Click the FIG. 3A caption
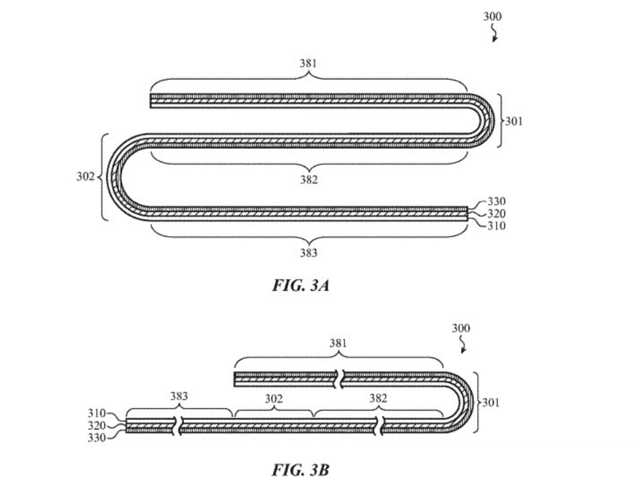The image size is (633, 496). pos(300,285)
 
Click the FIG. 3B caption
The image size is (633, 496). pos(300,469)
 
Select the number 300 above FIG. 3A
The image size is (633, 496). pos(492,17)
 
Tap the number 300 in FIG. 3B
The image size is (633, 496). pos(460,329)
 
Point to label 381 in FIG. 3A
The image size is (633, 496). pos(307,64)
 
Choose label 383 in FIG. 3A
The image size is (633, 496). pos(308,253)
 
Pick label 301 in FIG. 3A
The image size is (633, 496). pos(514,121)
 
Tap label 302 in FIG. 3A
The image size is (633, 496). pos(85,177)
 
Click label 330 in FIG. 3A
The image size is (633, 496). pos(497,201)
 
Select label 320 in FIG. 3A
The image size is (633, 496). pos(497,213)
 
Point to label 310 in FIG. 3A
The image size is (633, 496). pos(497,226)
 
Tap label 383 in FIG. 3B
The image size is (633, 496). pos(179,396)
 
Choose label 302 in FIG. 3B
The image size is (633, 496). pos(273,399)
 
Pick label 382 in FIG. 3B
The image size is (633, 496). pos(378,399)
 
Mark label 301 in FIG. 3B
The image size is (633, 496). pos(490,403)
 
